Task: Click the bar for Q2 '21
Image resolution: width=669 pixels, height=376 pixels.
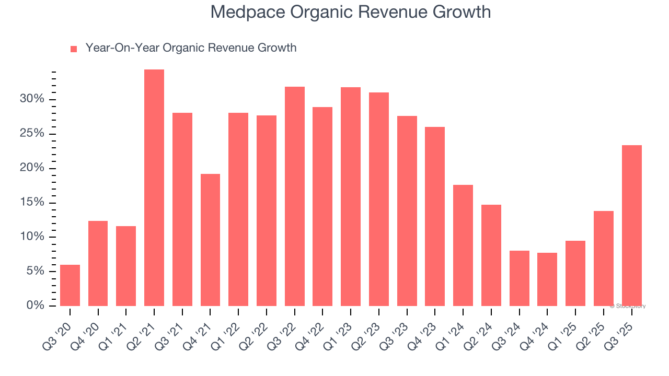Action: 154,187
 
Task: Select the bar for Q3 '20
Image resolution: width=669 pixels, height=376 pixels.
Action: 70,285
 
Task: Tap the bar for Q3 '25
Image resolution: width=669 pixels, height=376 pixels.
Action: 631,226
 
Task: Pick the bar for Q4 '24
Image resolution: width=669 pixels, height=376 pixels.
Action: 547,279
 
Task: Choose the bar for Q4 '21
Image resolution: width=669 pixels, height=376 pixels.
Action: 210,240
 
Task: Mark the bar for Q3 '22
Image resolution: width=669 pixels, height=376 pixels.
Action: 294,196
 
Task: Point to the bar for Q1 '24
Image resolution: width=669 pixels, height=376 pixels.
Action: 463,245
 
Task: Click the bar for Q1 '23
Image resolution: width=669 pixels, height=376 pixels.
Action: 351,196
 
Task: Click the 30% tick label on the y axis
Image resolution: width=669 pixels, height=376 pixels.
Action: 32,99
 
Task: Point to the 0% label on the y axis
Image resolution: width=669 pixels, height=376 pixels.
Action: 35,305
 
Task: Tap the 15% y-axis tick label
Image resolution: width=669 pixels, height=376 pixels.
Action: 32,203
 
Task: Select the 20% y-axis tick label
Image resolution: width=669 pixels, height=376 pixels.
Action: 32,168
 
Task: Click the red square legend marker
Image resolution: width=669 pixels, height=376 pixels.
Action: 74,49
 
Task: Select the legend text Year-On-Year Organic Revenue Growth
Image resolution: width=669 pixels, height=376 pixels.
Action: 191,48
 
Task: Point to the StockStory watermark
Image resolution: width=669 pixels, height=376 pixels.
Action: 628,306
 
